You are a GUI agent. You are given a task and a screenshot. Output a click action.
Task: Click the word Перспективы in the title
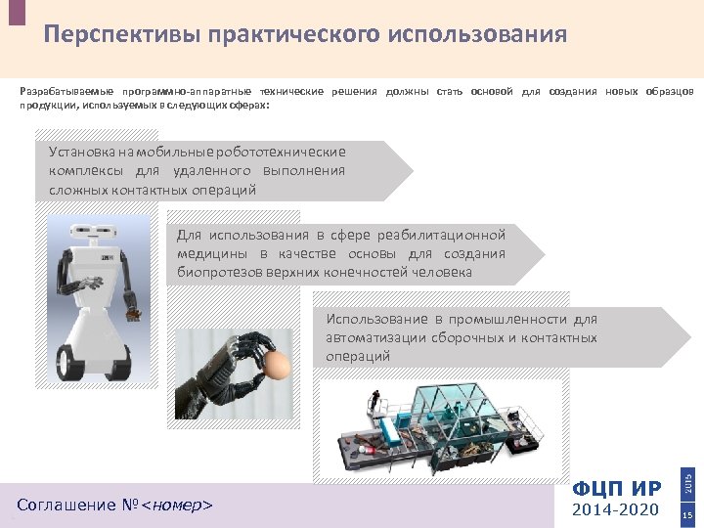point(121,35)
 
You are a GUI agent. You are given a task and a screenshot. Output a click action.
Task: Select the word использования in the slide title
point(477,34)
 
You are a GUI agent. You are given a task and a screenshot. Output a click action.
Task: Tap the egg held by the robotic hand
point(275,364)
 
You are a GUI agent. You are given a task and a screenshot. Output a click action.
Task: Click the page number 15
point(687,515)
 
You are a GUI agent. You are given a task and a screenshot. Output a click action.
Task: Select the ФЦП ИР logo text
point(617,489)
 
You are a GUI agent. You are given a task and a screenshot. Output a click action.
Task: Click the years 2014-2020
point(615,509)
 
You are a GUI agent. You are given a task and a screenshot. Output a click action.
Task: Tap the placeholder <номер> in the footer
point(176,506)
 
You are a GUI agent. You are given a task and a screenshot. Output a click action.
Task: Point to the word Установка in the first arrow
point(82,152)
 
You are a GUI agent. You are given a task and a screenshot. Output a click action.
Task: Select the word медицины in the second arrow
point(212,254)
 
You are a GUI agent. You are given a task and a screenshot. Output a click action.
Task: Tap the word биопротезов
point(220,273)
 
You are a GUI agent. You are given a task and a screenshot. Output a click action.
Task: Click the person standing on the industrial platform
point(374,401)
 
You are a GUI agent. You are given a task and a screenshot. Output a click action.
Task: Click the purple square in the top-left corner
point(17,12)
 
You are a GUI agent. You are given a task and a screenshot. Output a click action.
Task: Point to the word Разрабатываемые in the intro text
point(66,92)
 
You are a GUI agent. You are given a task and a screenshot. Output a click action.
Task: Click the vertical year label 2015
point(687,481)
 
